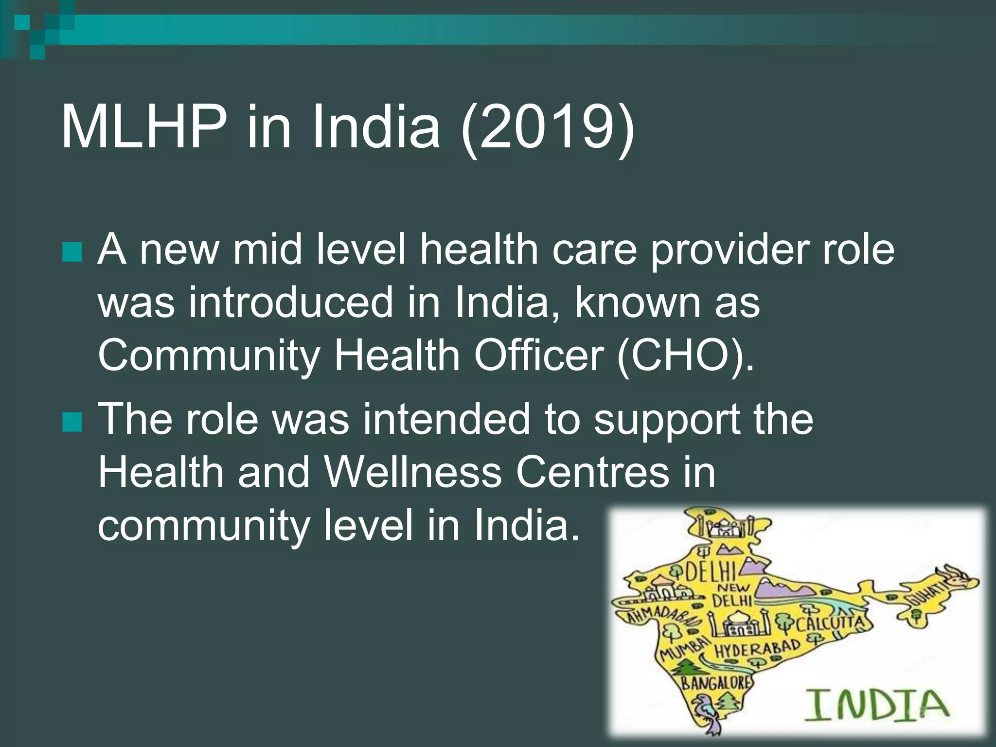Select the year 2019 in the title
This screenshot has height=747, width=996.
(547, 127)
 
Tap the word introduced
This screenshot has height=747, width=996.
(291, 302)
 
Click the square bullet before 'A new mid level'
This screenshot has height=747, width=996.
(72, 252)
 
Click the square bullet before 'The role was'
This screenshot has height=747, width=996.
(72, 422)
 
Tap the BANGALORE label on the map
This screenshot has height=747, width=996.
(715, 682)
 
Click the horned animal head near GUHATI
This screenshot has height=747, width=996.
(960, 579)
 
